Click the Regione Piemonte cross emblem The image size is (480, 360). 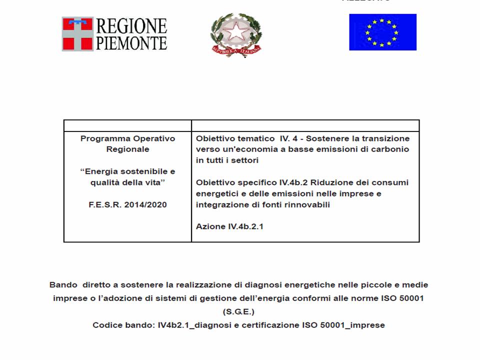coord(77,33)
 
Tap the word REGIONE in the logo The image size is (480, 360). coord(131,25)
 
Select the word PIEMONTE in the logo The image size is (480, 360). coord(131,42)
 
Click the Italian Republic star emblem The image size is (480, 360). coord(236,33)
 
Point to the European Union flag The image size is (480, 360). coord(382,32)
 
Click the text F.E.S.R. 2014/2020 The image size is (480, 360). coord(127,204)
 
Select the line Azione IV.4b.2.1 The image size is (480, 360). coord(229,226)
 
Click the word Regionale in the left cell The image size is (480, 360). coord(127,149)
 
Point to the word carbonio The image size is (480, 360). coord(391,149)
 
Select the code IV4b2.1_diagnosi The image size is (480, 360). coord(187,325)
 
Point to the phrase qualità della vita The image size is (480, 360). coord(127,182)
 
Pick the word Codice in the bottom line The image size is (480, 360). coord(106,325)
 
